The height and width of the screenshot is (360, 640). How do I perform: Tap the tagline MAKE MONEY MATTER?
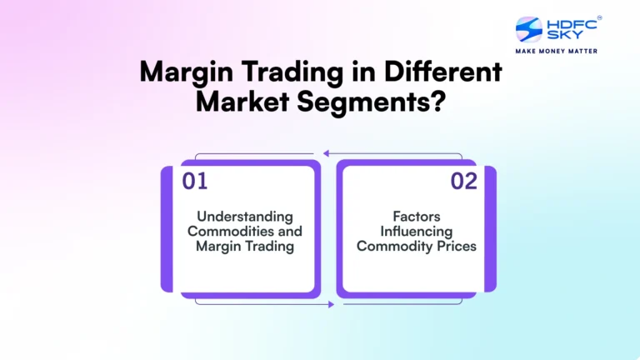click(557, 52)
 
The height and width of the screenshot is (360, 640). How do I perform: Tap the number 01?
click(193, 181)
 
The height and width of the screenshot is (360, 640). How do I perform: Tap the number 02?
click(464, 181)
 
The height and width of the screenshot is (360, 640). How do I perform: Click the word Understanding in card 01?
click(244, 216)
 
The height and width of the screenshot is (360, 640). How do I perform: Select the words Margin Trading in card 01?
click(244, 246)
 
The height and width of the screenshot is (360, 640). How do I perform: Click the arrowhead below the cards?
click(331, 304)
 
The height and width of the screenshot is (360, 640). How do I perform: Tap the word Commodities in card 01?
click(244, 231)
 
